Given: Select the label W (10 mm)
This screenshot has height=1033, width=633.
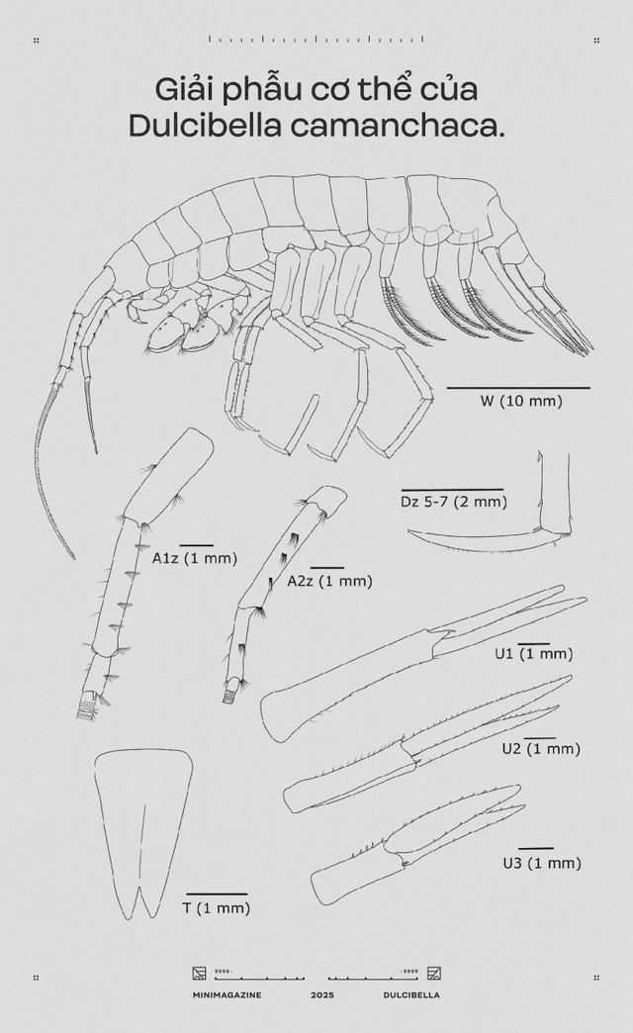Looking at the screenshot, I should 520,401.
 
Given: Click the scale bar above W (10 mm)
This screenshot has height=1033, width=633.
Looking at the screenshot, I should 518,388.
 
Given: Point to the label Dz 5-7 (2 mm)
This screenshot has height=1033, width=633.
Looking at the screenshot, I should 454,502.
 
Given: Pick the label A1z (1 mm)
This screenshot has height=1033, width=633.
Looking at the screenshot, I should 195,558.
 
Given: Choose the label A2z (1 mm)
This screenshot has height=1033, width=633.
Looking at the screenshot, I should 329,581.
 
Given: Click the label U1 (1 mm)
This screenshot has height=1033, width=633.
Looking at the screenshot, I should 534,654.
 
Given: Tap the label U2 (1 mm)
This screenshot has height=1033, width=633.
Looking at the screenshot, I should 541,749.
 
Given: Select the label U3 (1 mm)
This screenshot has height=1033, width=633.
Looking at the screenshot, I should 541,863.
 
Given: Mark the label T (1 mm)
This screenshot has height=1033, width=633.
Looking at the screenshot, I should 216,907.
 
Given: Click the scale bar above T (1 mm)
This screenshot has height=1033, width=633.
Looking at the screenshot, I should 217,894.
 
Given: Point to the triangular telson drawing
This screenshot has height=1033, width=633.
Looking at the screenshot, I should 143,831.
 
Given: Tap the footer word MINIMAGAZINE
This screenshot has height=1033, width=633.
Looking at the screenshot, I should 227,994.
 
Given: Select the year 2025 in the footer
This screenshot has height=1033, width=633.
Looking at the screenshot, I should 323,994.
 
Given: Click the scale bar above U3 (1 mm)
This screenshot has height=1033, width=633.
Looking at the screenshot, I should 536,848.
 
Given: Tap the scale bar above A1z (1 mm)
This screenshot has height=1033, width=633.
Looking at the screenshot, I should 197,545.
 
